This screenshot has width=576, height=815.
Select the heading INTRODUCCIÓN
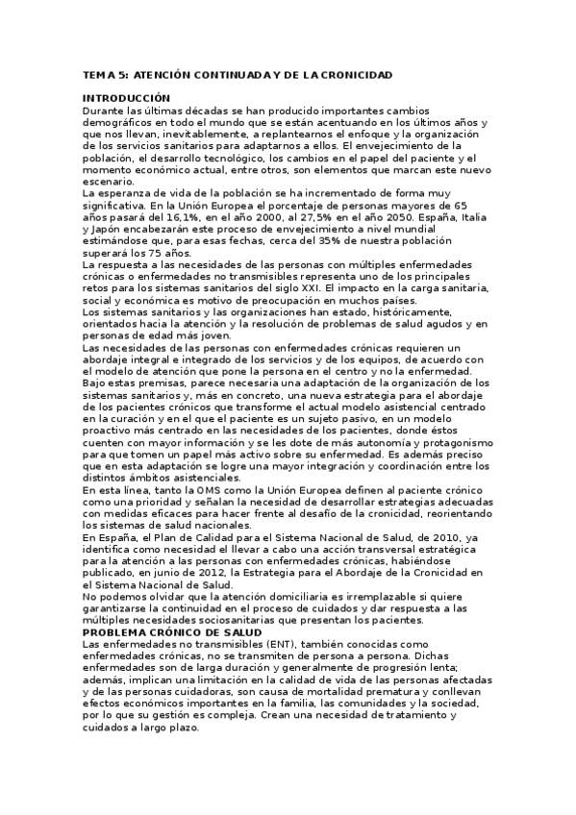pos(126,98)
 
